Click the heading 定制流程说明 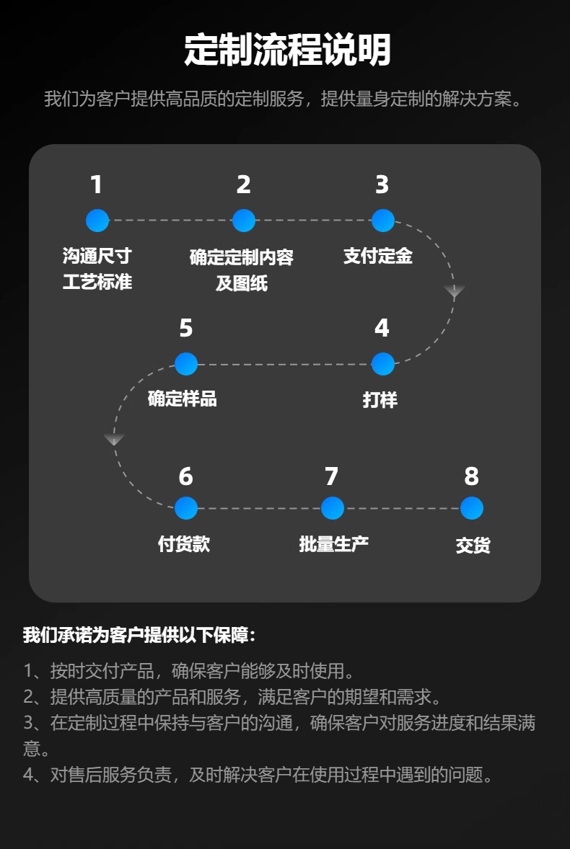pyautogui.click(x=286, y=50)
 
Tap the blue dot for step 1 pyautogui.click(x=97, y=221)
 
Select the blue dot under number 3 pyautogui.click(x=382, y=221)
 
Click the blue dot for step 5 pyautogui.click(x=186, y=364)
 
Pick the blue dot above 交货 pyautogui.click(x=471, y=508)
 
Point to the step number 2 pyautogui.click(x=244, y=185)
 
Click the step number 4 pyautogui.click(x=382, y=329)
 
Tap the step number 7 pyautogui.click(x=331, y=476)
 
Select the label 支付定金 pyautogui.click(x=377, y=256)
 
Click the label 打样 pyautogui.click(x=380, y=399)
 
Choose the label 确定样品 pyautogui.click(x=182, y=399)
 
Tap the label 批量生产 pyautogui.click(x=333, y=543)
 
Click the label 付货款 pyautogui.click(x=184, y=543)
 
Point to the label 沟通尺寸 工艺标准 pyautogui.click(x=97, y=269)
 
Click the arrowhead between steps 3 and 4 pyautogui.click(x=454, y=291)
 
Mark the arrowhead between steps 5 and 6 pyautogui.click(x=114, y=439)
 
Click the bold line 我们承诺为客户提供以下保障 pyautogui.click(x=139, y=636)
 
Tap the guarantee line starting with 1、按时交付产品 pyautogui.click(x=189, y=672)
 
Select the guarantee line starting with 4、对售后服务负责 pyautogui.click(x=259, y=775)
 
